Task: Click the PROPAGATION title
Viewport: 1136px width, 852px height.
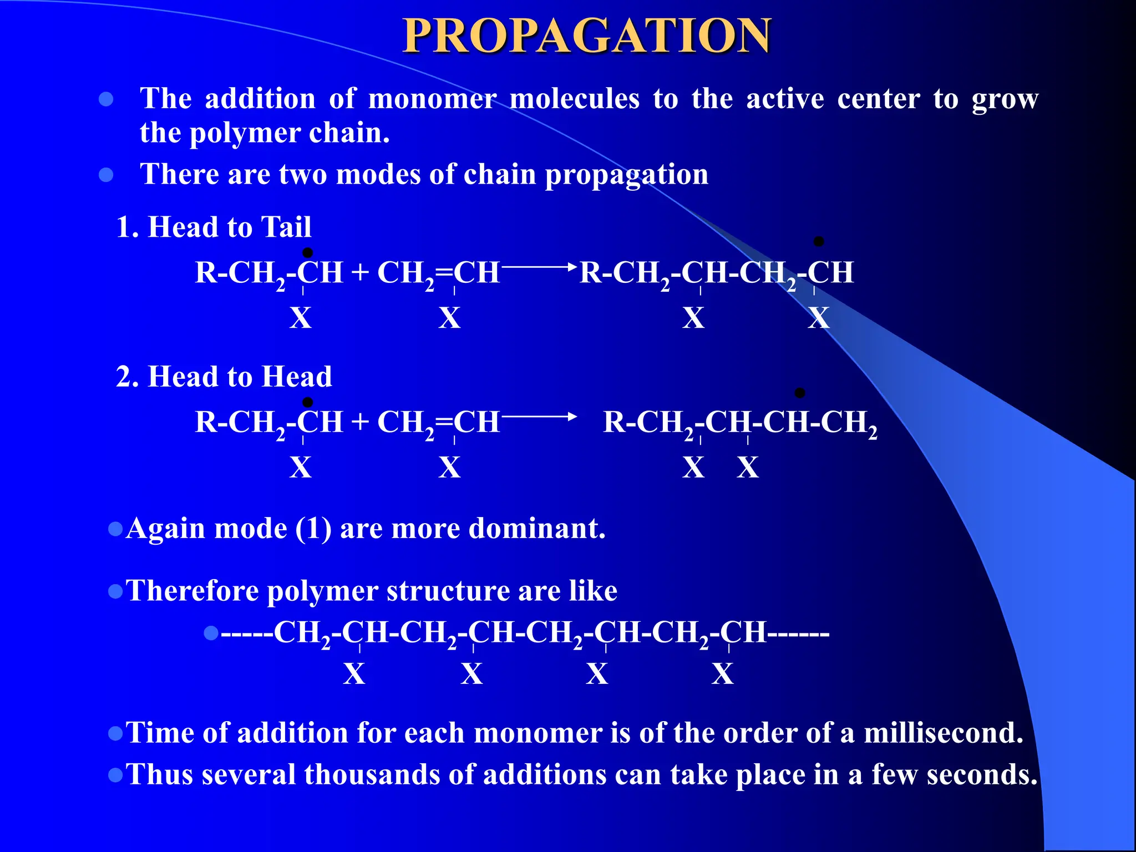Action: point(586,36)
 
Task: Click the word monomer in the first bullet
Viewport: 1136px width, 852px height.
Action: point(432,99)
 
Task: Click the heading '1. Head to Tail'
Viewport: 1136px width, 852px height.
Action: point(214,227)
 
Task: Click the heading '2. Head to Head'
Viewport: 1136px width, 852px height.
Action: point(224,377)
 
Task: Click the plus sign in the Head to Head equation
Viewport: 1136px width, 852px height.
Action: point(359,422)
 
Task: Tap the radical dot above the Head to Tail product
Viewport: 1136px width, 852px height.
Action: point(818,241)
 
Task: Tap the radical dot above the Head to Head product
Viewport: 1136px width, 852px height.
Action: point(799,393)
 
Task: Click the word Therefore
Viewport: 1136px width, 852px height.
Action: point(192,591)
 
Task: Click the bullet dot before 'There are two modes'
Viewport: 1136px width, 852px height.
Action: point(106,175)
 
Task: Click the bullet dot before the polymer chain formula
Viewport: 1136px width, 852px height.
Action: point(211,633)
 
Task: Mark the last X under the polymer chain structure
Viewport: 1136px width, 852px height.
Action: point(722,674)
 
